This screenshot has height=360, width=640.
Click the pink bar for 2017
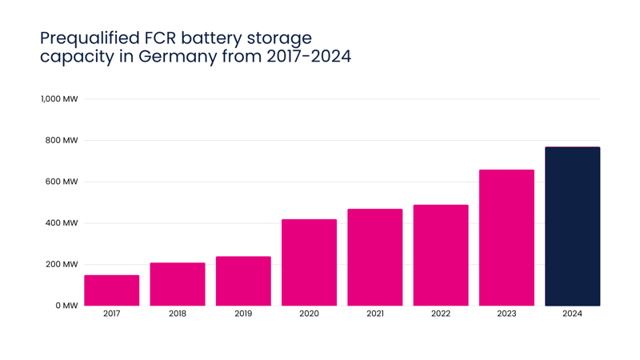(x=112, y=290)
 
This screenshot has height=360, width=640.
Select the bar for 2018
(x=178, y=284)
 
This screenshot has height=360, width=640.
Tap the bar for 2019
(x=243, y=281)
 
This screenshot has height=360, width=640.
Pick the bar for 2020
(x=309, y=262)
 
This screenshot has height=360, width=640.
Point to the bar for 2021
(x=375, y=257)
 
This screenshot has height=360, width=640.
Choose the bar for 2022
(x=441, y=255)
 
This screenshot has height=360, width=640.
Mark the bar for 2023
(x=506, y=238)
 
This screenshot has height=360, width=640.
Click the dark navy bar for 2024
(x=573, y=226)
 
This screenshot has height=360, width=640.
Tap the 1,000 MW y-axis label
(x=59, y=98)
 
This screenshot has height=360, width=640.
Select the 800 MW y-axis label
(x=62, y=141)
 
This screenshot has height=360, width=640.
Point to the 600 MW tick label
(x=62, y=182)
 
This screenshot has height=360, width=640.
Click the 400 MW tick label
(x=62, y=223)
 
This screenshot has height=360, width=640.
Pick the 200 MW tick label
(x=62, y=264)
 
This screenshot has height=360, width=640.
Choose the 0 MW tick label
(x=67, y=306)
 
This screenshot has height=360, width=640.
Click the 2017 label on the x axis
(x=111, y=314)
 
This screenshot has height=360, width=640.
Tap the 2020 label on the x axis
(x=309, y=314)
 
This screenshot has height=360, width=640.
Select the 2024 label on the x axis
(x=572, y=314)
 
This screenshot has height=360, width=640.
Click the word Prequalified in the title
(x=90, y=38)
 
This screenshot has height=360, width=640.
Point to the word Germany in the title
(x=178, y=57)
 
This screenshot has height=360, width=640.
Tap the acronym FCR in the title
(x=160, y=38)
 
